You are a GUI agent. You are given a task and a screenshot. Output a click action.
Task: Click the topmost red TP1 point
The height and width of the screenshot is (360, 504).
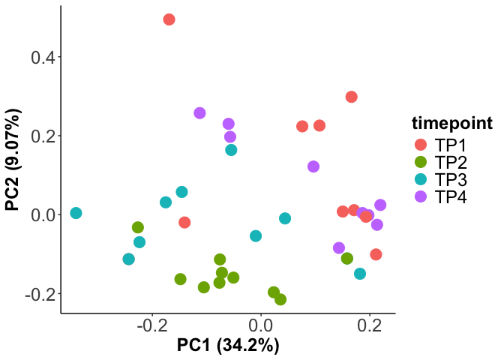click(169, 19)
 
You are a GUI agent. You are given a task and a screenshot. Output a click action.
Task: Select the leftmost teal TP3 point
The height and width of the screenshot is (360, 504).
click(76, 213)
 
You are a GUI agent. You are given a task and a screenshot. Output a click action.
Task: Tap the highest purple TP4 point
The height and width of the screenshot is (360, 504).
click(199, 113)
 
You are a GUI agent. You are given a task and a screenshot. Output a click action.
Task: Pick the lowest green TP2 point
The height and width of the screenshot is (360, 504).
click(280, 299)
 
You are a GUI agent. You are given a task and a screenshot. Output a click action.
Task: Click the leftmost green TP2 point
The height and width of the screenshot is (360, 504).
click(138, 227)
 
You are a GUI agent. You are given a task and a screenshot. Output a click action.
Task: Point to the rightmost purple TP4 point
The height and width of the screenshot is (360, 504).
click(380, 205)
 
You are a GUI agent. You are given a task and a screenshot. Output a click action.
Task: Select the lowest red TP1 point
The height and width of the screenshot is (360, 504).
click(376, 254)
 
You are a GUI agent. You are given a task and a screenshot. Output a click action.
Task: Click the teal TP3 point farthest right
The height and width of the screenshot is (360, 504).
click(360, 274)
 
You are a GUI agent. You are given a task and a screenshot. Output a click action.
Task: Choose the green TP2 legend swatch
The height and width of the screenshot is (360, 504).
click(420, 162)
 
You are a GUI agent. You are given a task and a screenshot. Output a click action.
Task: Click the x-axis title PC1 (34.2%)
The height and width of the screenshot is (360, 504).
click(228, 346)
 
